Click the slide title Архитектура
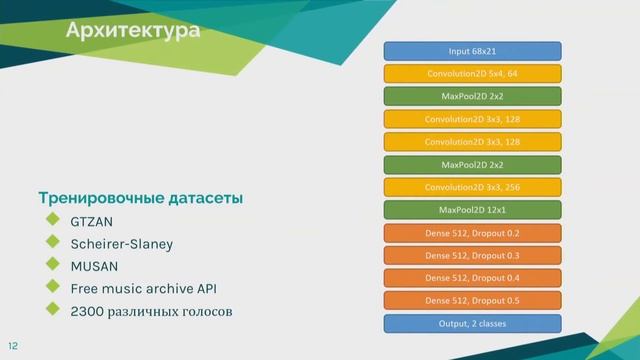pyautogui.click(x=133, y=32)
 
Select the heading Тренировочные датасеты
pyautogui.click(x=140, y=198)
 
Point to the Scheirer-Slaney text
pyautogui.click(x=121, y=244)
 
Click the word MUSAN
pyautogui.click(x=94, y=266)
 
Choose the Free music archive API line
pyautogui.click(x=143, y=289)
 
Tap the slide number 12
pyautogui.click(x=14, y=345)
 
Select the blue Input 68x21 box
pyautogui.click(x=472, y=51)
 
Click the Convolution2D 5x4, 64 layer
pyautogui.click(x=472, y=74)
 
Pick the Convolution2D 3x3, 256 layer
pyautogui.click(x=472, y=187)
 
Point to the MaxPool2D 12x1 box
pyautogui.click(x=472, y=210)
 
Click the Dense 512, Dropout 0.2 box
pyautogui.click(x=472, y=233)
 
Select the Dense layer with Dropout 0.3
pyautogui.click(x=472, y=256)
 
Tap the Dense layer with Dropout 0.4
pyautogui.click(x=472, y=278)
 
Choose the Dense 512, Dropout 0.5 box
pyautogui.click(x=472, y=301)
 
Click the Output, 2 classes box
pyautogui.click(x=472, y=324)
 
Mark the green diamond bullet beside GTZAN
pyautogui.click(x=52, y=220)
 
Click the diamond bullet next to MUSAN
pyautogui.click(x=52, y=266)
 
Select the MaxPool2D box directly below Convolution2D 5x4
pyautogui.click(x=472, y=97)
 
